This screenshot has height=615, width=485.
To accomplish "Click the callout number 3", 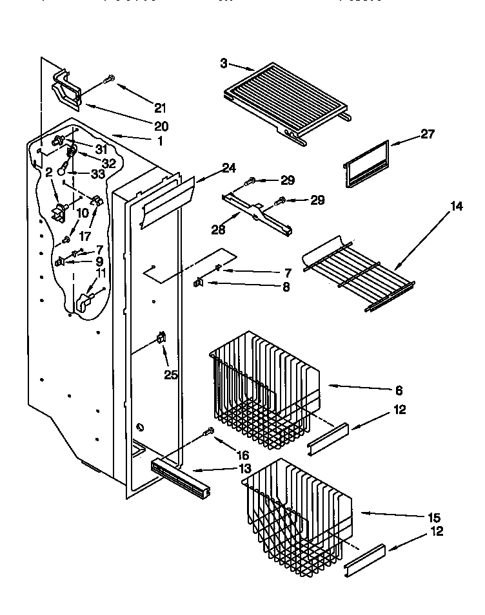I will coord(223,63).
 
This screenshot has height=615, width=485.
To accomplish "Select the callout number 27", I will coord(428,134).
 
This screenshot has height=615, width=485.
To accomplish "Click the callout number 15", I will coord(433,518).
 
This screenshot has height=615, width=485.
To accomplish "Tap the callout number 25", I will coord(171,374).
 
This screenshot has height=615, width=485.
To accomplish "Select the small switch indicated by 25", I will coord(161,337).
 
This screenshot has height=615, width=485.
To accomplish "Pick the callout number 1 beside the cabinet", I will coord(159,141).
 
